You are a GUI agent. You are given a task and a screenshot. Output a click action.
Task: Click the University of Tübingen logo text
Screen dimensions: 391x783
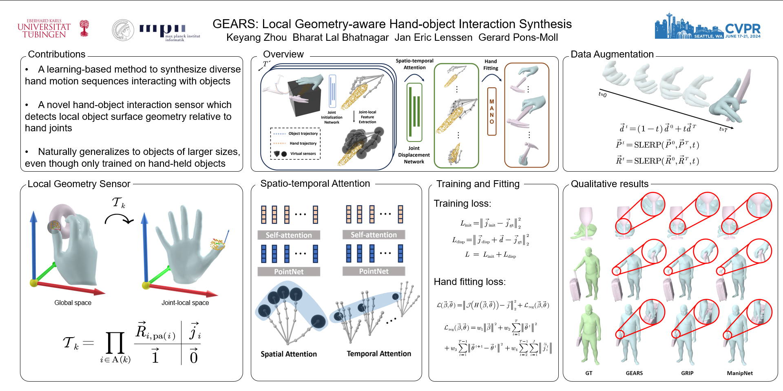point(44,29)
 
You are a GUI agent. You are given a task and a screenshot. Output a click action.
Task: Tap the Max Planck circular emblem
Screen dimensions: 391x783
point(123,30)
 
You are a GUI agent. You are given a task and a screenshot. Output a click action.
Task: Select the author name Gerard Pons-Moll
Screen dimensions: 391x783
point(518,38)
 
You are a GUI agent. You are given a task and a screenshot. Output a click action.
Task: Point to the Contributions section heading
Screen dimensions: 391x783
point(57,54)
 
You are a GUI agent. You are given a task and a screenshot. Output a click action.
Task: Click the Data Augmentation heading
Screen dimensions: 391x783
point(612,54)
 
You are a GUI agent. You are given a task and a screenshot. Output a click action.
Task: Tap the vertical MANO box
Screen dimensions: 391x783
point(492,111)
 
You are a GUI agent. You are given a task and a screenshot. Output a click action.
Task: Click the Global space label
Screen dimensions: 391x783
point(73,303)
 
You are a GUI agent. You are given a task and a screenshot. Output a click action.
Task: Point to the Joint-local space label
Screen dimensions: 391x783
point(185,303)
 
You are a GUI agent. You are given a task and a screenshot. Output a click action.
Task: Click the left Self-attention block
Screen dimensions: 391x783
point(289,235)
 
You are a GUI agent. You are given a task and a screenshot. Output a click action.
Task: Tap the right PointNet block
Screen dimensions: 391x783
point(374,272)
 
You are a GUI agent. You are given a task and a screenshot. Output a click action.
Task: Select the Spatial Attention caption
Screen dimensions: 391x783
point(289,354)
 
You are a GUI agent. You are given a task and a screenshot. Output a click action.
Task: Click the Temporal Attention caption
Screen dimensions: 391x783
point(379,353)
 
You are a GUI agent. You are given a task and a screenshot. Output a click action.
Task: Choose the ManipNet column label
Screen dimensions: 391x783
point(740,373)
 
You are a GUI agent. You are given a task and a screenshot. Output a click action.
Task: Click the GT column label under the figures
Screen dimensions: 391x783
point(588,373)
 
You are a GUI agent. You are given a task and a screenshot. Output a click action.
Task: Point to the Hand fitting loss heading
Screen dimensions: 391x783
point(469,282)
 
